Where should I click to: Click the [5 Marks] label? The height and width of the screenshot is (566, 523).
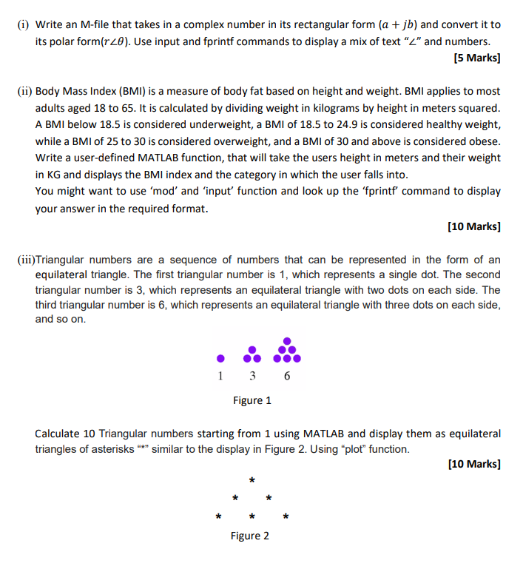click(x=475, y=58)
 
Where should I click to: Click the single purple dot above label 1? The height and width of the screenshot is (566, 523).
click(x=220, y=359)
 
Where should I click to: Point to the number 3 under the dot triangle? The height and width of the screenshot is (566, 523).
click(x=252, y=376)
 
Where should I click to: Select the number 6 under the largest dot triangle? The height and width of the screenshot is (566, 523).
click(x=287, y=376)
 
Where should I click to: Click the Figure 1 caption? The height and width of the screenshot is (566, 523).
click(x=252, y=400)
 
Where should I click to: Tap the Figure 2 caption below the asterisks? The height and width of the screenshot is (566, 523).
click(x=251, y=536)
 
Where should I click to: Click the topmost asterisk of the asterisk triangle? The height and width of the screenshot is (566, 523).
click(x=252, y=482)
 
